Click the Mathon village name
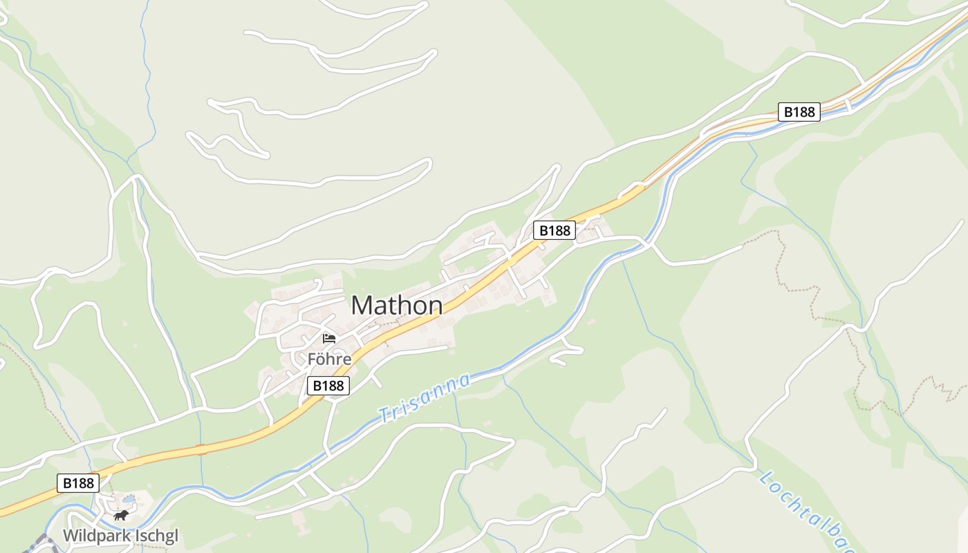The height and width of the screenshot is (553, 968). pyautogui.click(x=397, y=306)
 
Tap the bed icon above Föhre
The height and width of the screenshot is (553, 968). pyautogui.click(x=329, y=339)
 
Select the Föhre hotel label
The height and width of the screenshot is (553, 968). pyautogui.click(x=329, y=359)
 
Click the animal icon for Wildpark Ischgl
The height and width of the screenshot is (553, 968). pyautogui.click(x=122, y=516)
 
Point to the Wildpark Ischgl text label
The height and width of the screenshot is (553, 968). pyautogui.click(x=120, y=536)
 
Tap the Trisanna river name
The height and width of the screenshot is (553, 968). pyautogui.click(x=425, y=397)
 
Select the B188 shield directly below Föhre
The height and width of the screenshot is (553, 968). pyautogui.click(x=328, y=386)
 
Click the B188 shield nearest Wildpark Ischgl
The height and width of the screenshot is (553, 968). pyautogui.click(x=77, y=483)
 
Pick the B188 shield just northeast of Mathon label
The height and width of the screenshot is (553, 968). pyautogui.click(x=555, y=230)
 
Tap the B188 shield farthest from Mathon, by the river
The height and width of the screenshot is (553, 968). pyautogui.click(x=799, y=111)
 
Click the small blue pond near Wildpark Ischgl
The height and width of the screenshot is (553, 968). pyautogui.click(x=129, y=499)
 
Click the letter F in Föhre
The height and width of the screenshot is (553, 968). pyautogui.click(x=312, y=359)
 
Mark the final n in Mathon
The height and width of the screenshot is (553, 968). pyautogui.click(x=435, y=307)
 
